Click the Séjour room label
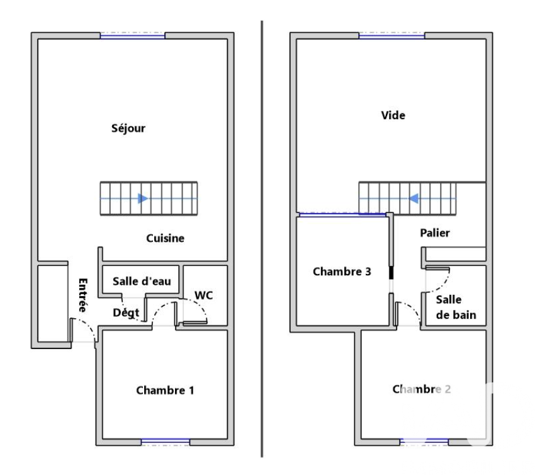pyautogui.click(x=128, y=129)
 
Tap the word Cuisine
pyautogui.click(x=165, y=238)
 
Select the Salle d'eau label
pyautogui.click(x=142, y=281)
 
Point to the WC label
pyautogui.click(x=204, y=295)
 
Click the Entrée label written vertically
pyautogui.click(x=83, y=295)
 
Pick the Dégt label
pyautogui.click(x=126, y=312)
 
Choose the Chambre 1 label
pyautogui.click(x=165, y=390)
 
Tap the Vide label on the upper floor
pyautogui.click(x=393, y=115)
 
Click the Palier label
pyautogui.click(x=435, y=233)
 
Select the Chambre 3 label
pyautogui.click(x=342, y=272)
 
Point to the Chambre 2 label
pyautogui.click(x=422, y=389)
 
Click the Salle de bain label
pyautogui.click(x=456, y=307)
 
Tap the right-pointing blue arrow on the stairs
pyautogui.click(x=143, y=198)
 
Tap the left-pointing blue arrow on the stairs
pyautogui.click(x=414, y=198)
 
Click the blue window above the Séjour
pyautogui.click(x=133, y=36)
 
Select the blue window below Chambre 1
pyautogui.click(x=166, y=442)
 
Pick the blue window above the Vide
pyautogui.click(x=391, y=36)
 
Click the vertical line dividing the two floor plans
pyautogui.click(x=262, y=239)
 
